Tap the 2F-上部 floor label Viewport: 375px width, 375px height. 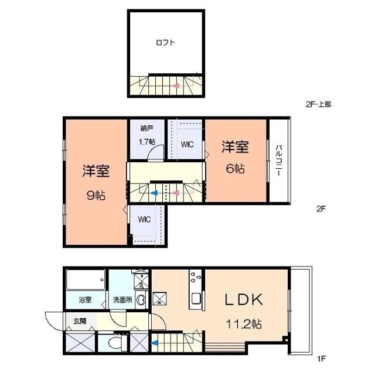318,104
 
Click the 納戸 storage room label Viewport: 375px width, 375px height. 146,128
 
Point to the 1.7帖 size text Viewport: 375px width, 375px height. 146,142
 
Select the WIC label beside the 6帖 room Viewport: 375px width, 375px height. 187,144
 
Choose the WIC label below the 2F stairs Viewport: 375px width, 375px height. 145,219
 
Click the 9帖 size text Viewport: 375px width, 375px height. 96,196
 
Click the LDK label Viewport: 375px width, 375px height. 245,299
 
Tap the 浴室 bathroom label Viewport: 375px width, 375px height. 86,300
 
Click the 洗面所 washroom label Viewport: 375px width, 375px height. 122,300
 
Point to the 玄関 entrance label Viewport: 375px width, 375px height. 80,321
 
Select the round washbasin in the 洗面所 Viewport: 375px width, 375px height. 141,300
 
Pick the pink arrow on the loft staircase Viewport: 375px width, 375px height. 175,86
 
